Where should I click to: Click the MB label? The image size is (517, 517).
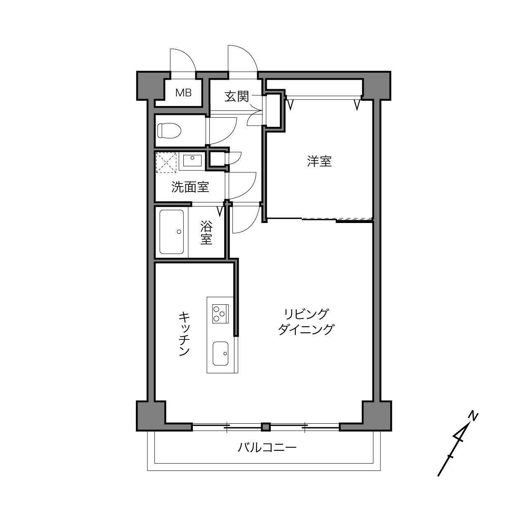[x=183, y=93]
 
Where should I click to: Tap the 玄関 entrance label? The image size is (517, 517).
[x=237, y=97]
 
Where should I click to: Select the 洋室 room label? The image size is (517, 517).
[x=319, y=161]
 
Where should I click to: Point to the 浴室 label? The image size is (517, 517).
[x=206, y=232]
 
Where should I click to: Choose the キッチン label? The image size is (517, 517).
[x=184, y=334]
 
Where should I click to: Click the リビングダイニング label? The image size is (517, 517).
[x=306, y=322]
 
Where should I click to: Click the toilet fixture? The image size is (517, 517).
[x=169, y=130]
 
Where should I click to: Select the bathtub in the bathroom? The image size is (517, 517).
[x=172, y=232]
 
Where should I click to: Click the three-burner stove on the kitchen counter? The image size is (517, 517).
[x=220, y=314]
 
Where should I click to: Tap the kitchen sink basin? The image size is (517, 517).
[x=221, y=353]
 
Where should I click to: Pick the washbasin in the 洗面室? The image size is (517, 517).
[x=192, y=161]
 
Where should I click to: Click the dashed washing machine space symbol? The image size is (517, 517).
[x=166, y=162]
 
